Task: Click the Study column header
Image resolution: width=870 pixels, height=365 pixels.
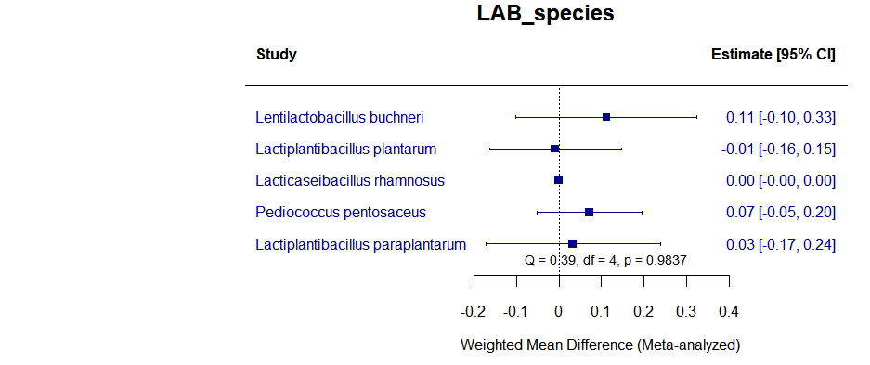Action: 276,55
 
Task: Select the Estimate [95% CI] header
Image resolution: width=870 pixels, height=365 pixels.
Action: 773,55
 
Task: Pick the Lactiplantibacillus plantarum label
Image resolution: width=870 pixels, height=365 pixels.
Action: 345,149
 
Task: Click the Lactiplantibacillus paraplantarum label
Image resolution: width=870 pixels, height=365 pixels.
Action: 360,244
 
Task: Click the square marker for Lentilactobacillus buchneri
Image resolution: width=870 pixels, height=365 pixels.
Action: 606,117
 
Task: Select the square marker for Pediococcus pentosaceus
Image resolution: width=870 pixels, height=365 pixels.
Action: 589,212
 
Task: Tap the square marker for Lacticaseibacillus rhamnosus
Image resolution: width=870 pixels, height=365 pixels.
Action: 559,180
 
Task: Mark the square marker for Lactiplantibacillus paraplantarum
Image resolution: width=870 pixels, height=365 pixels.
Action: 572,243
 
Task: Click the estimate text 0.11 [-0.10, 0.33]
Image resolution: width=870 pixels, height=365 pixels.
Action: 780,117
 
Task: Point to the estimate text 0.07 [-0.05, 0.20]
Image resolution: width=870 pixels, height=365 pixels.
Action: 780,212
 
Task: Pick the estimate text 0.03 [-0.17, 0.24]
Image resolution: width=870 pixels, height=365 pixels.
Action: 780,244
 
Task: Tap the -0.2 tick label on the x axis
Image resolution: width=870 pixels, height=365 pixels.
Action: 473,309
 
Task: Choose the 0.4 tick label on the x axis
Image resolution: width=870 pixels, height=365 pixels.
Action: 729,309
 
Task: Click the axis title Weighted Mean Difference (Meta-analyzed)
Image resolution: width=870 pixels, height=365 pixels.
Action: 600,345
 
